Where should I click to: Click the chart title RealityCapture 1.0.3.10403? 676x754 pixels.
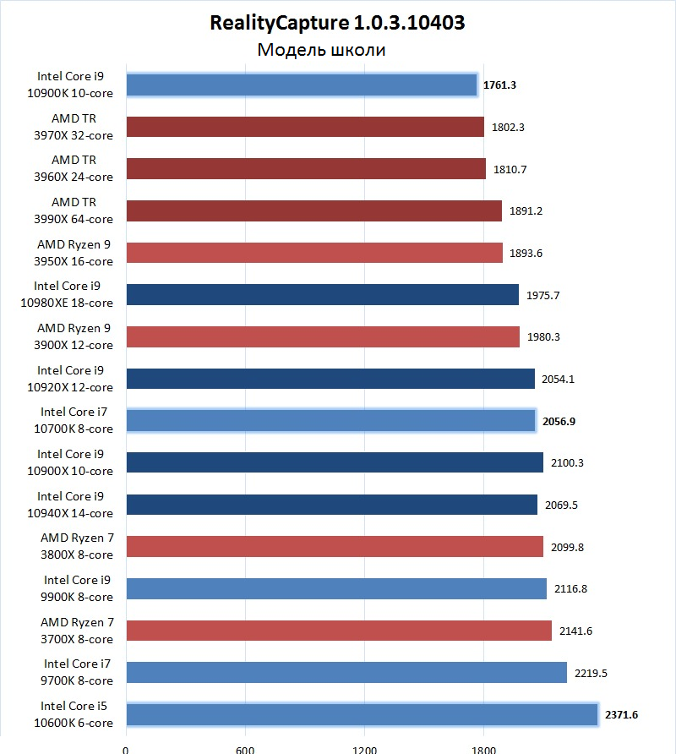tap(338, 23)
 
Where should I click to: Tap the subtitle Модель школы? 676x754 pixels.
tap(321, 50)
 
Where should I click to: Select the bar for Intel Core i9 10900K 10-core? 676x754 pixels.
tap(302, 85)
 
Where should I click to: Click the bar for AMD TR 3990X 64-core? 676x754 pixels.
tap(313, 210)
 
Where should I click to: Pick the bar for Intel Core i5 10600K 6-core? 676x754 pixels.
tap(362, 714)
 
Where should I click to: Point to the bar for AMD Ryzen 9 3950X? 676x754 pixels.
tap(314, 253)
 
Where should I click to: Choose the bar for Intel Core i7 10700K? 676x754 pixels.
tap(330, 420)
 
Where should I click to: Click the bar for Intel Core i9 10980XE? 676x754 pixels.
tap(322, 294)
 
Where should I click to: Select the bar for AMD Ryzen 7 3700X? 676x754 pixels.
tap(338, 631)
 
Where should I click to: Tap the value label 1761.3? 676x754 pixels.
tap(500, 85)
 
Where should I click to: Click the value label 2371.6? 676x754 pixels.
tap(621, 714)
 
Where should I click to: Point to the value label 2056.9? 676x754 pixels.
tap(559, 420)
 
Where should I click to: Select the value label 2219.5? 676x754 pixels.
tap(590, 673)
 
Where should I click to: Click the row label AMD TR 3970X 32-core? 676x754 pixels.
tap(74, 127)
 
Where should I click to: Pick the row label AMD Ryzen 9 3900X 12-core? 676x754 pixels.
tap(74, 336)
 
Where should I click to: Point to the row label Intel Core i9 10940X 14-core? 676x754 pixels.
tap(74, 505)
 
